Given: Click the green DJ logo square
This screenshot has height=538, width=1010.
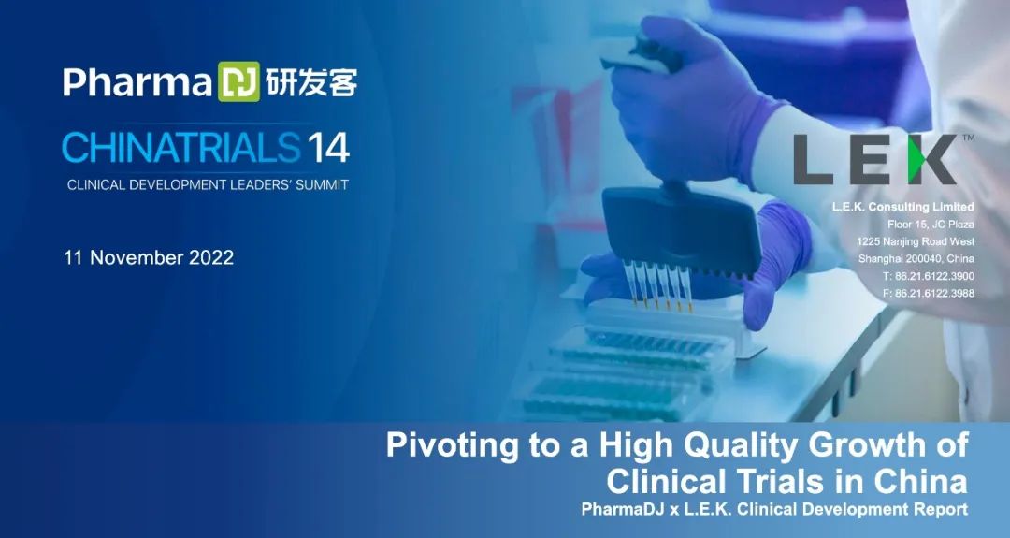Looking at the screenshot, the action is pos(239,81).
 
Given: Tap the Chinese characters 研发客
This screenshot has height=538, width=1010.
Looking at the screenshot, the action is pos(311,81).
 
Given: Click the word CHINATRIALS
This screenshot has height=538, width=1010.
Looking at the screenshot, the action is pos(181,147).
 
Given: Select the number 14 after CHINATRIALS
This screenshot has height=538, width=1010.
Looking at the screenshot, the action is pos(328,148).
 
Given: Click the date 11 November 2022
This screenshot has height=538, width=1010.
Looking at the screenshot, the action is pos(148,257).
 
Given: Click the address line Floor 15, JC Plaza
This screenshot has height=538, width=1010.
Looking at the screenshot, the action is pos(931,225).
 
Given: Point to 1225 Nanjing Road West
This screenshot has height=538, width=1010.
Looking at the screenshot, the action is pos(916,241).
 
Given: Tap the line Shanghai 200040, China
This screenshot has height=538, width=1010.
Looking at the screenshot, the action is pos(916,259).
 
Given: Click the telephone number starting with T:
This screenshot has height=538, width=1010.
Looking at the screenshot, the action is pos(929,276).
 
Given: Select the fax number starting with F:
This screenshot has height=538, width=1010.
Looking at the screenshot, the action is pos(929,294).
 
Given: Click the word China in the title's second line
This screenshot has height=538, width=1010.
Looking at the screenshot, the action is pos(920,481).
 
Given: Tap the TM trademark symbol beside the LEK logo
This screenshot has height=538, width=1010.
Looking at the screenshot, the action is pos(968,138).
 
